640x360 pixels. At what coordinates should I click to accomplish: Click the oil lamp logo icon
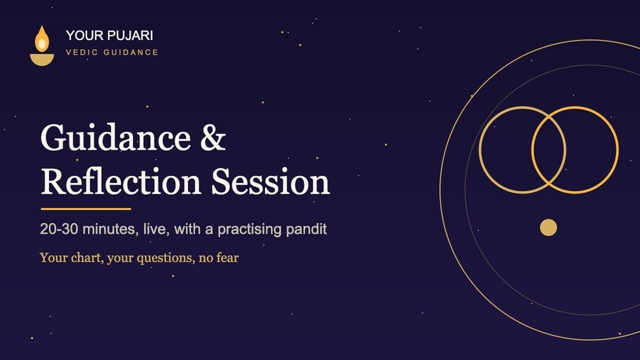coord(42,46)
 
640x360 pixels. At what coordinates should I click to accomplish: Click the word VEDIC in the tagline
coord(82,52)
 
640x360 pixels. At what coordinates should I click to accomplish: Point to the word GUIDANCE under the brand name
coord(131,52)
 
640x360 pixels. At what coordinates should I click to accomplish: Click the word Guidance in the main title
coord(115,138)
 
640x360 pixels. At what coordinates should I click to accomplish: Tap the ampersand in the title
coord(213,138)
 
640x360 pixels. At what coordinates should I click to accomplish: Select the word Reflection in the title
coord(121,182)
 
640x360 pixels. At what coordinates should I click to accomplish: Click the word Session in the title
coord(270,182)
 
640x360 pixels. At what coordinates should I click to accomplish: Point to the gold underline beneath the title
coord(86,209)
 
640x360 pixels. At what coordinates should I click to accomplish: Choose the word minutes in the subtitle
coord(109,229)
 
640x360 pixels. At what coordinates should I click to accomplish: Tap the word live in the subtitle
coord(156,229)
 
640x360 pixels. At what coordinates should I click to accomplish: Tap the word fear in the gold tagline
coord(229,258)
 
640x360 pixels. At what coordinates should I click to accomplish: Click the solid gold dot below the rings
coord(548,227)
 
